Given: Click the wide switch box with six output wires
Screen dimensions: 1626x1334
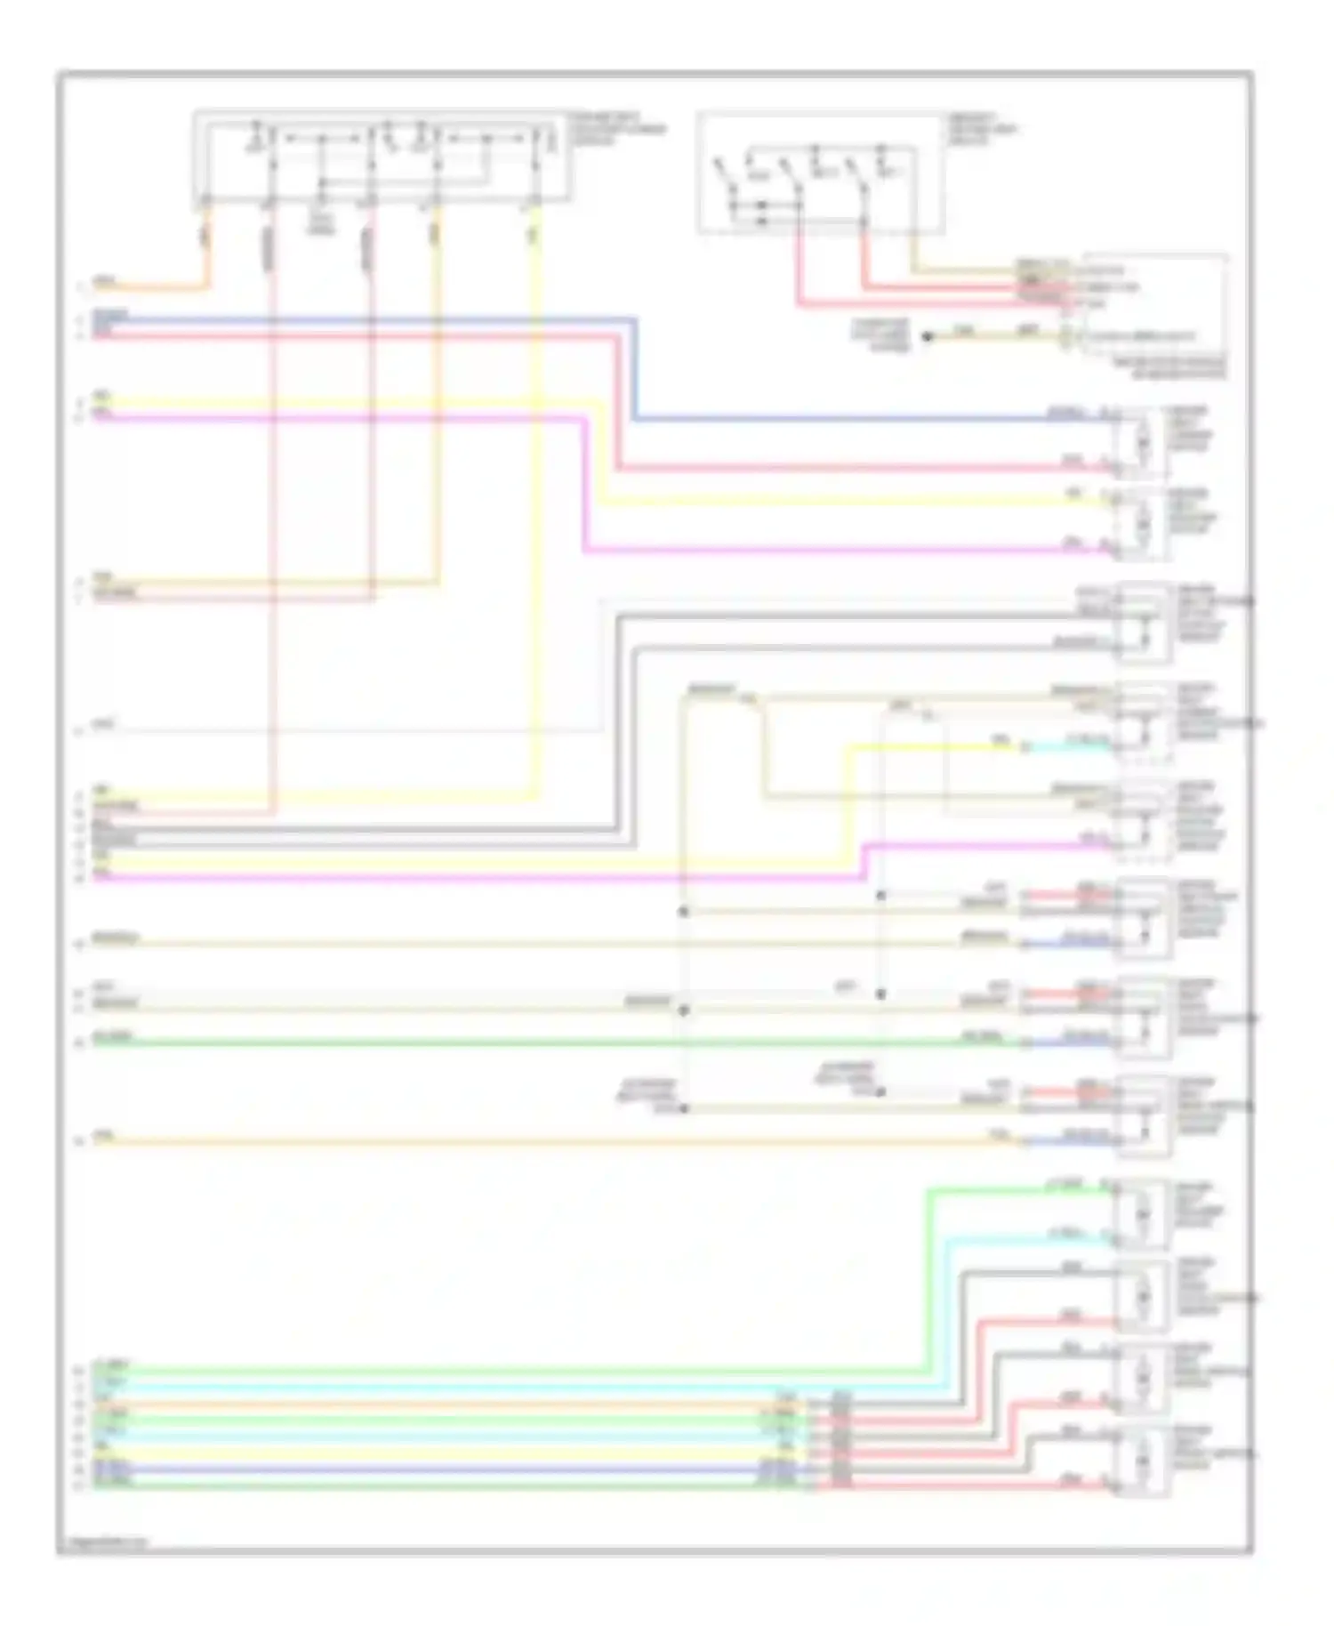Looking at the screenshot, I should point(381,157).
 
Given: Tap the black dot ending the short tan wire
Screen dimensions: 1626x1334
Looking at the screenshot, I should point(926,337).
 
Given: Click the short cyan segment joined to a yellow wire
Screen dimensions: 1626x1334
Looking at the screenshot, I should point(1067,746).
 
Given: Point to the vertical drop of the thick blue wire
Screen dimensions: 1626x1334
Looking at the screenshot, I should point(634,368).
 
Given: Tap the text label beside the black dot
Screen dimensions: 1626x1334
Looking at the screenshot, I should point(881,335).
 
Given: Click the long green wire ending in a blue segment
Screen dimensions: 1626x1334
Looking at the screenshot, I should point(534,1042).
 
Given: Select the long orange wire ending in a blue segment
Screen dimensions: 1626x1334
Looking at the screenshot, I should point(534,1140).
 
